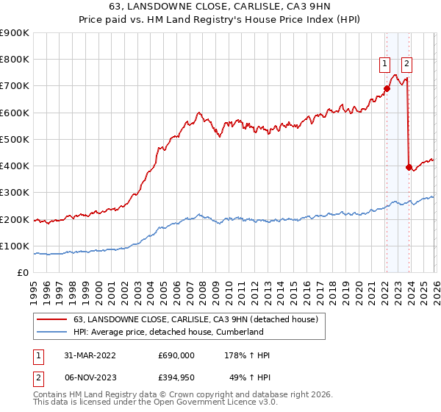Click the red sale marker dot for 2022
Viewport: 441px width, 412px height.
pyautogui.click(x=386, y=89)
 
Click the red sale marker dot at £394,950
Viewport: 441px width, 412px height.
pyautogui.click(x=409, y=167)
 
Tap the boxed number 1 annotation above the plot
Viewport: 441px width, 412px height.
pyautogui.click(x=384, y=64)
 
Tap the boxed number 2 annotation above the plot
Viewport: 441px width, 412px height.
pyautogui.click(x=406, y=64)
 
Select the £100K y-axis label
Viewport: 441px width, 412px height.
pyautogui.click(x=14, y=246)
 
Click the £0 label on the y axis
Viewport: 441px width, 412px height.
pyautogui.click(x=23, y=273)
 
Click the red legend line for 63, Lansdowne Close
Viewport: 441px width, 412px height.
pyautogui.click(x=51, y=320)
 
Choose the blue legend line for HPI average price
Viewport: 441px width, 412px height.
pyautogui.click(x=51, y=333)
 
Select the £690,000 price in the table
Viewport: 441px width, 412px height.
pyautogui.click(x=176, y=355)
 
